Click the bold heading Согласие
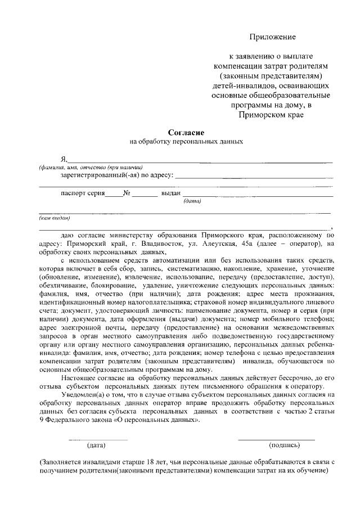[x=186, y=132]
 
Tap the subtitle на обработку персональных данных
[x=186, y=142]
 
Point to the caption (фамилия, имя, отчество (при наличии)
[x=91, y=168]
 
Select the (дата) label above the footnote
[x=96, y=445]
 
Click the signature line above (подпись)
[x=276, y=438]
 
